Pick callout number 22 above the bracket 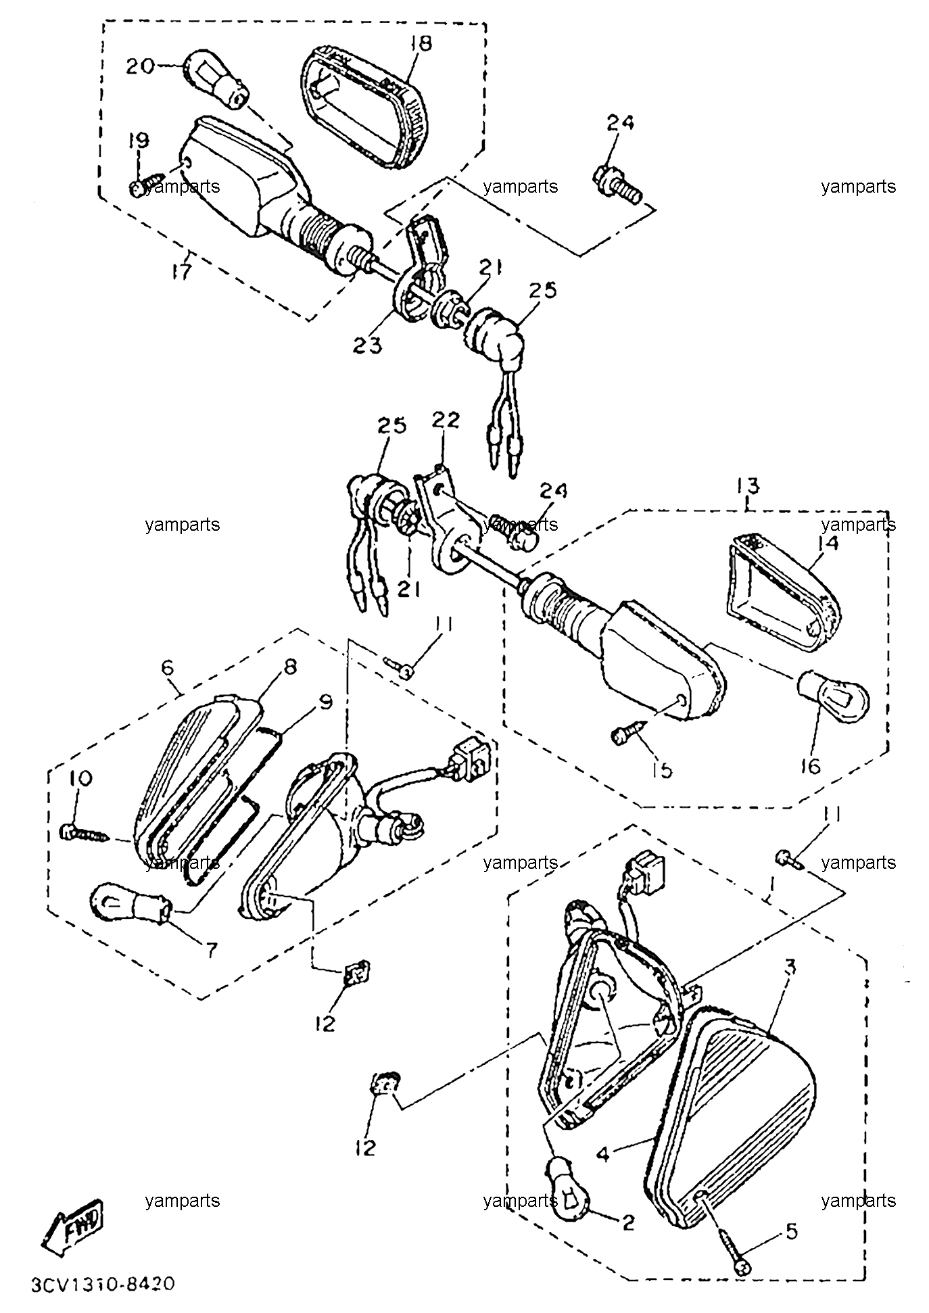click(446, 420)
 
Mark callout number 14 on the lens click(830, 543)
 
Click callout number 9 click(325, 702)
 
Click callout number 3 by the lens click(788, 968)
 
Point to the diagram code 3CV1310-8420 click(103, 1283)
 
